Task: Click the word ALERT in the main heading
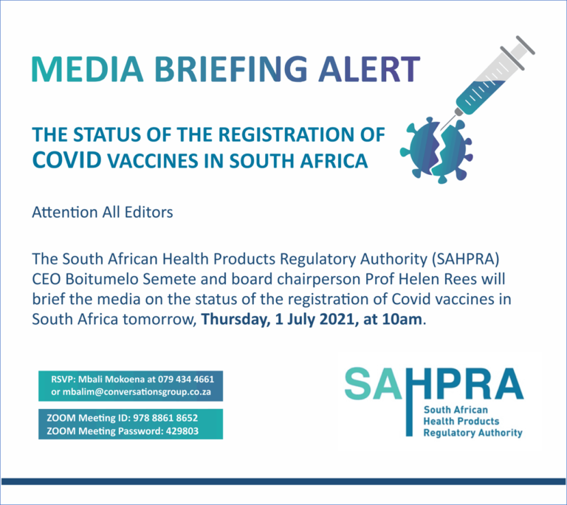[x=369, y=69]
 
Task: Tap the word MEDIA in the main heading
[x=88, y=69]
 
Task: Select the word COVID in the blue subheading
[x=67, y=160]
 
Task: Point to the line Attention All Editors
[x=103, y=213]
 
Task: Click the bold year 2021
[x=336, y=320]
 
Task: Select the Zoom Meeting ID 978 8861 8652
[x=165, y=418]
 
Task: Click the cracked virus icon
[x=436, y=149]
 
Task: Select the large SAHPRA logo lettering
[x=434, y=384]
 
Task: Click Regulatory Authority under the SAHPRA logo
[x=472, y=433]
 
